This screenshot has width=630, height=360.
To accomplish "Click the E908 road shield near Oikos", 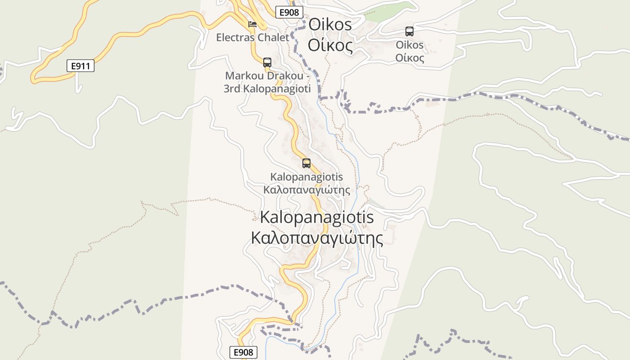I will pyautogui.click(x=288, y=12).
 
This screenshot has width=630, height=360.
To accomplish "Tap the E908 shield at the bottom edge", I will pyautogui.click(x=243, y=352).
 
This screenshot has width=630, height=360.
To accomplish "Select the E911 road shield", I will pyautogui.click(x=81, y=66).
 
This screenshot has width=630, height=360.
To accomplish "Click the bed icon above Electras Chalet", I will pyautogui.click(x=252, y=24).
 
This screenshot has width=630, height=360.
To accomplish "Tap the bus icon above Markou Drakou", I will pyautogui.click(x=267, y=62).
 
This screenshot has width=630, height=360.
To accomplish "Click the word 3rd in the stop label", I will pyautogui.click(x=232, y=89).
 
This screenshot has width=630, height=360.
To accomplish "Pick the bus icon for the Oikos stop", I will pyautogui.click(x=409, y=31).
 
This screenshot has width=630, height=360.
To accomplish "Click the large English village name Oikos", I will pyautogui.click(x=330, y=25).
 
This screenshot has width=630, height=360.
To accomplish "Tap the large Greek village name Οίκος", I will pyautogui.click(x=330, y=46).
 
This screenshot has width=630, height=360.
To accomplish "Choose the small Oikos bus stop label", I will pyautogui.click(x=409, y=45).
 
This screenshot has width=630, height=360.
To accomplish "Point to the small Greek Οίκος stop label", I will pyautogui.click(x=409, y=58).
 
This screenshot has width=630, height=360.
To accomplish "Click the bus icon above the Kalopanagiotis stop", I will pyautogui.click(x=306, y=163).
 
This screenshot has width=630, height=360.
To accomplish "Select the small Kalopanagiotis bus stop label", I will pyautogui.click(x=306, y=177).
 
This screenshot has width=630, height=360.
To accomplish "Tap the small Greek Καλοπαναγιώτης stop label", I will pyautogui.click(x=306, y=190).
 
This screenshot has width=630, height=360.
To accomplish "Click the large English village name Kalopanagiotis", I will pyautogui.click(x=317, y=217).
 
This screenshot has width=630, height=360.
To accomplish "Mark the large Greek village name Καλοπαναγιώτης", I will pyautogui.click(x=317, y=238).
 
